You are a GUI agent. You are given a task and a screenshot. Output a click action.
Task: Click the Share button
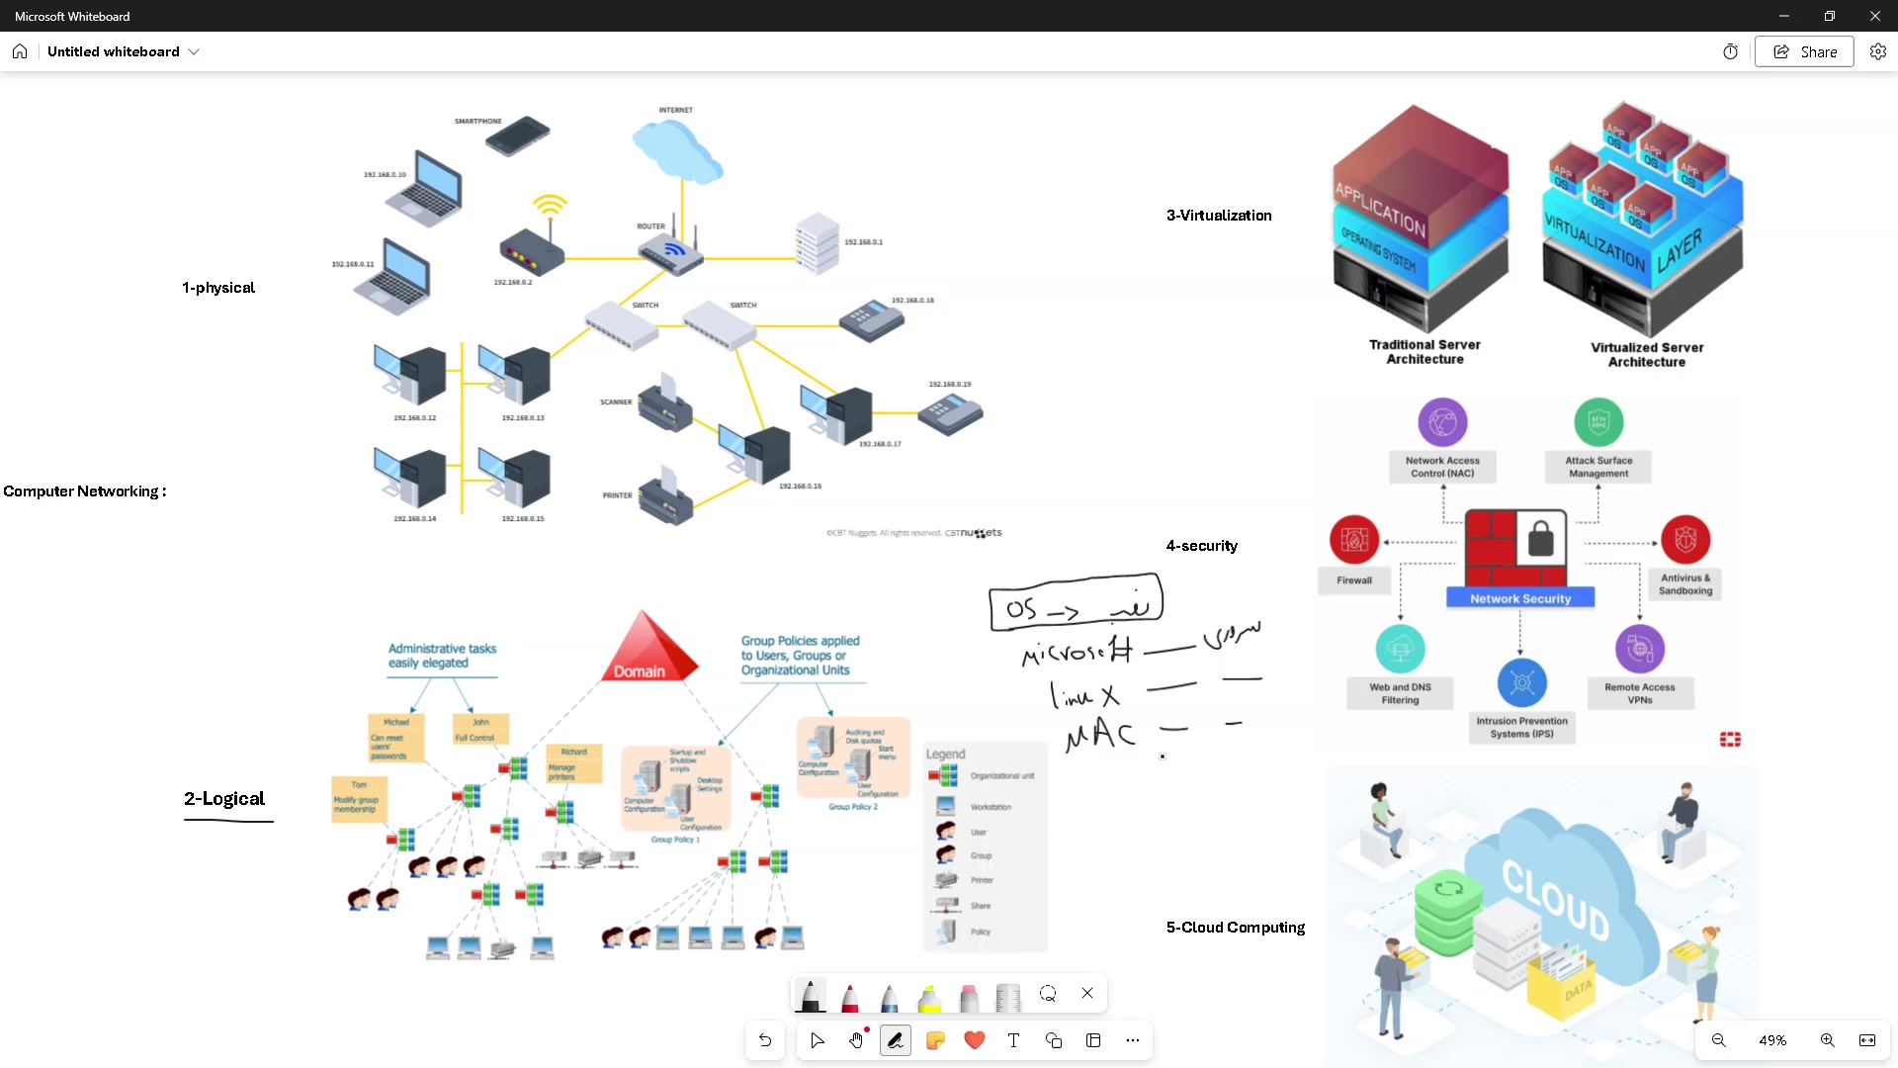pos(1804,52)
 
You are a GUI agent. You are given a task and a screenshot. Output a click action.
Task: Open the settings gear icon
pos(1878,52)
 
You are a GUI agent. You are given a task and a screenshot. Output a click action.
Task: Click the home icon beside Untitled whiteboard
pos(20,52)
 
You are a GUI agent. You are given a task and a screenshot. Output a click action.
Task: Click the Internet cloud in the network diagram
pos(677,148)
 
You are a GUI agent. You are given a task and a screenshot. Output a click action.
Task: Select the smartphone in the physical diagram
pos(517,135)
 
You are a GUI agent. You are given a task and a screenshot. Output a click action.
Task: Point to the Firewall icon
pos(1354,540)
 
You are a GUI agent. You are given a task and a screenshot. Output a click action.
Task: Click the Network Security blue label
pos(1519,598)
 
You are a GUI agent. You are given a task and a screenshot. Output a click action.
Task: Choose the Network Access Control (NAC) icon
pos(1442,423)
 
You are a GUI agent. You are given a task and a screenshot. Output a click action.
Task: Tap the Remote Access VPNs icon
pos(1640,650)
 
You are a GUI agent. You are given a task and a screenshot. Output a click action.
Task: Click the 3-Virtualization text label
pos(1219,216)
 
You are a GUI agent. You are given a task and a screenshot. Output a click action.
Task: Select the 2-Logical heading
pos(224,799)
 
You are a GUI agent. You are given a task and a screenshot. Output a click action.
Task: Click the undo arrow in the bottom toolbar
pos(765,1040)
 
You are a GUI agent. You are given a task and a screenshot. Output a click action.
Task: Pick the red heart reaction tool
pos(975,1040)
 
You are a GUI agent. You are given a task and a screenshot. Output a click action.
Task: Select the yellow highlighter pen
pos(929,997)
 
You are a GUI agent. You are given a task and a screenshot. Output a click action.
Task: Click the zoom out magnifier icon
pos(1719,1040)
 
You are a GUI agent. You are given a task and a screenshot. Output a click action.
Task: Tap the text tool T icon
pos(1013,1040)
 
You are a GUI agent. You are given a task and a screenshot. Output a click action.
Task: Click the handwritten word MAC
pos(1100,735)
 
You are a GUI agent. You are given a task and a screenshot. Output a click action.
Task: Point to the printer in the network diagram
pos(665,499)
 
